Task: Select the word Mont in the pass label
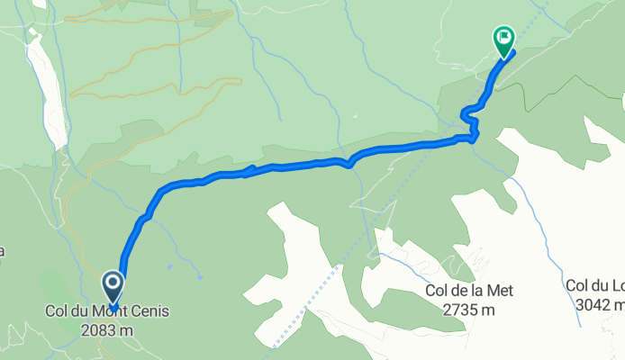[111, 313]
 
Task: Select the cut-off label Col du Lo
[594, 286]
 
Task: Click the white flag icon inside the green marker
[503, 39]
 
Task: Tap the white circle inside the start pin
[113, 286]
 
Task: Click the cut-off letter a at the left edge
[3, 251]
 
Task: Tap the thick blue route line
[288, 166]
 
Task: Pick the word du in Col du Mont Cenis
[83, 313]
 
